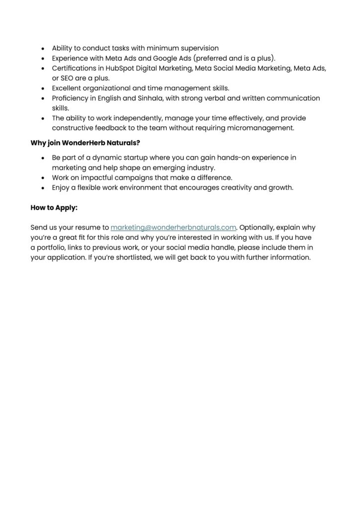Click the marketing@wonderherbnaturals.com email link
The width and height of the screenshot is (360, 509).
point(173,228)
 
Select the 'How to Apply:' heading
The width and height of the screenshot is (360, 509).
point(54,208)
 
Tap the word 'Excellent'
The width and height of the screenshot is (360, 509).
point(69,88)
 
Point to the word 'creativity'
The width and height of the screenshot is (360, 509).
point(231,187)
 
